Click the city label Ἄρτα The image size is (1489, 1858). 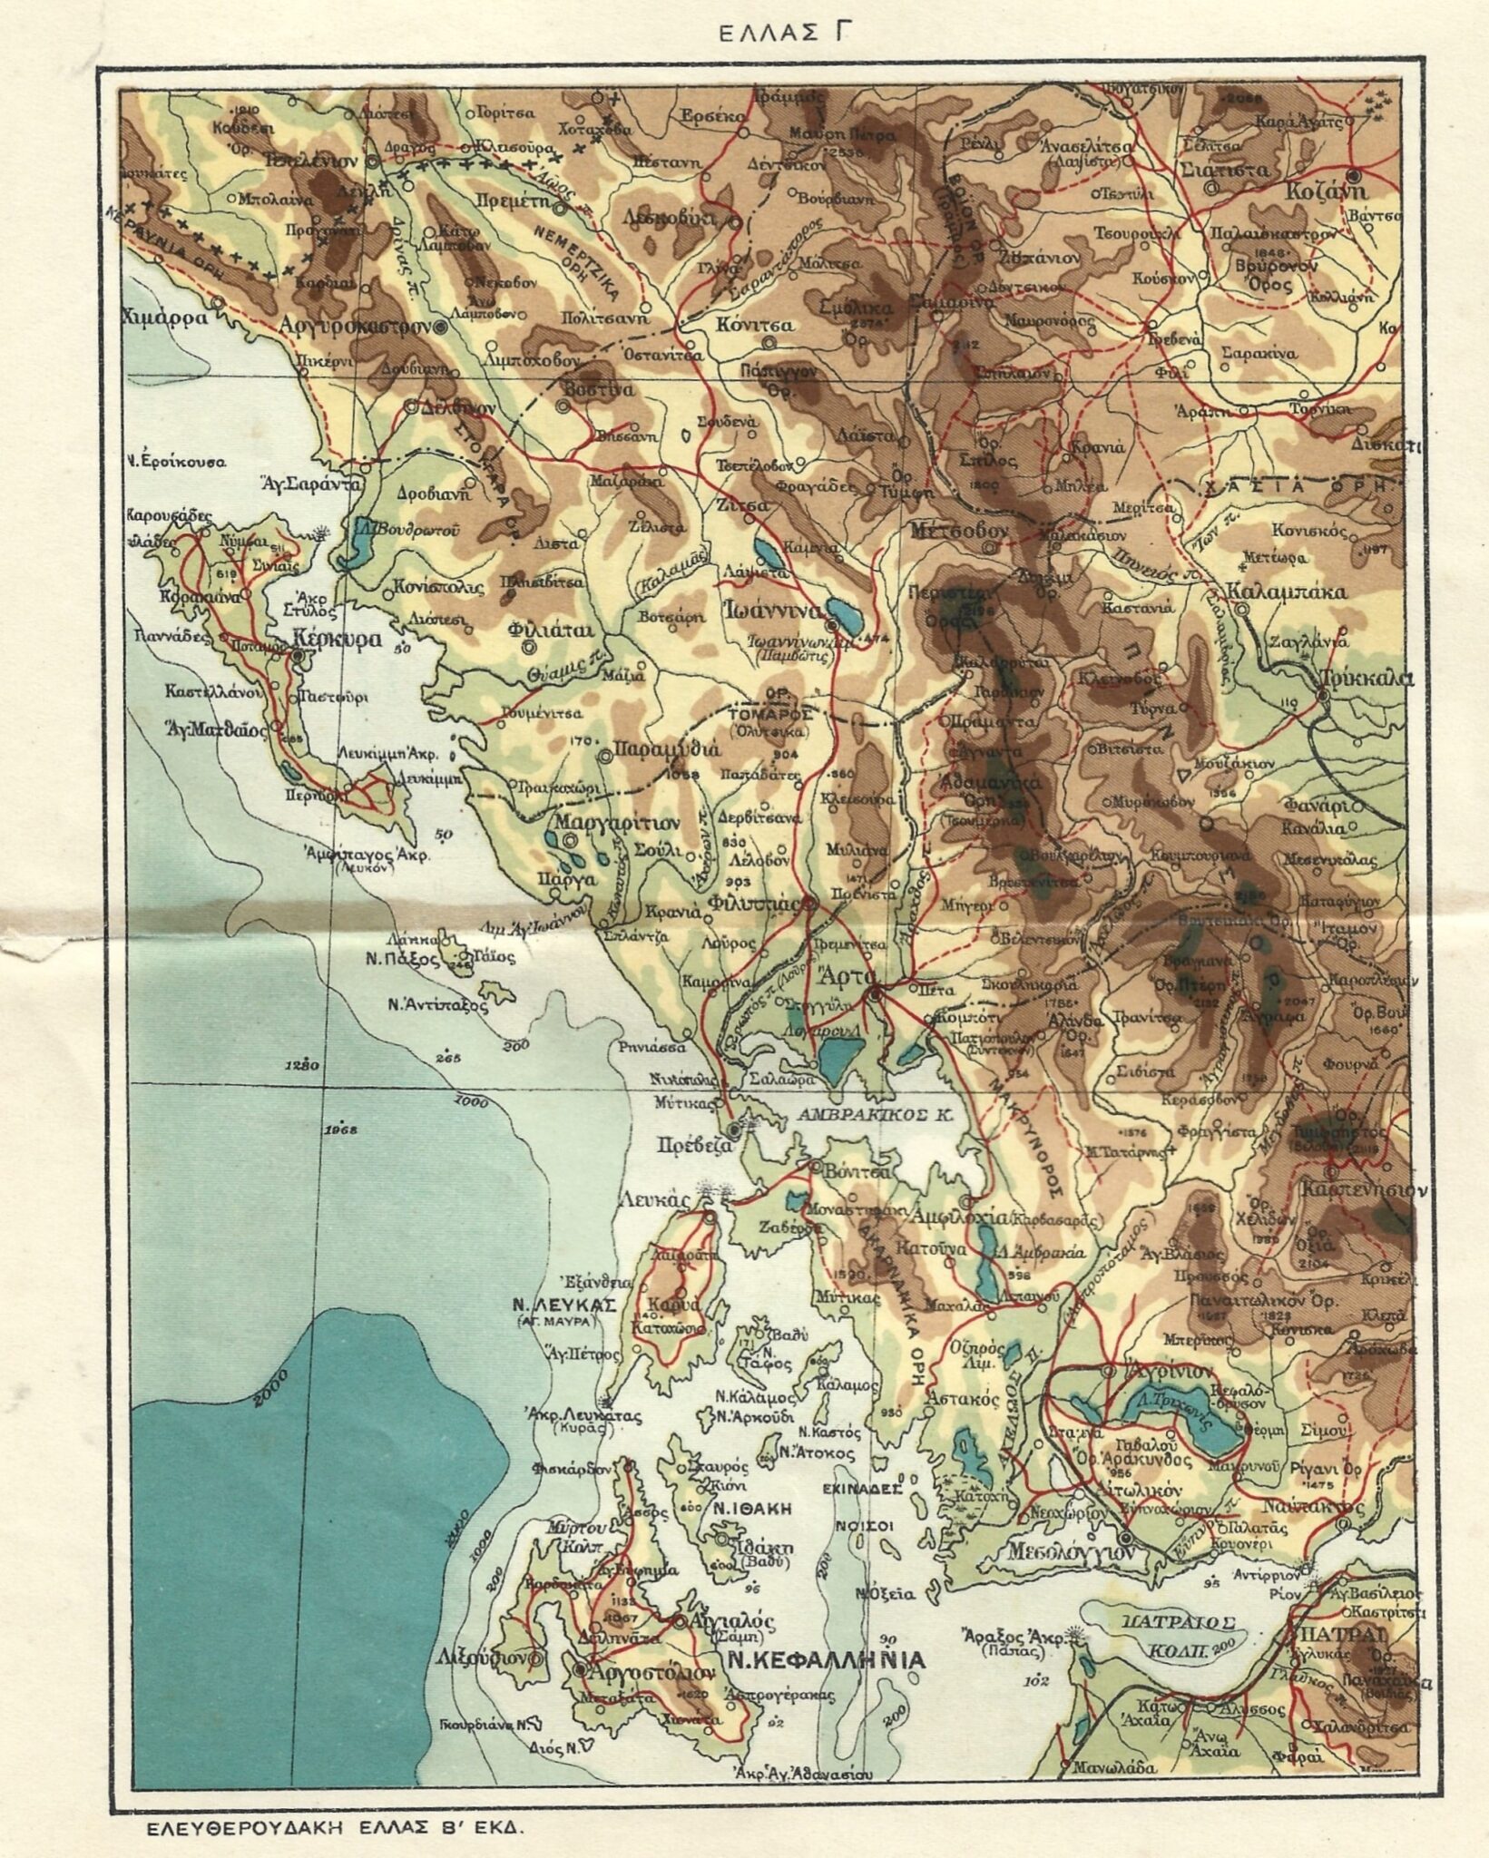tap(839, 978)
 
